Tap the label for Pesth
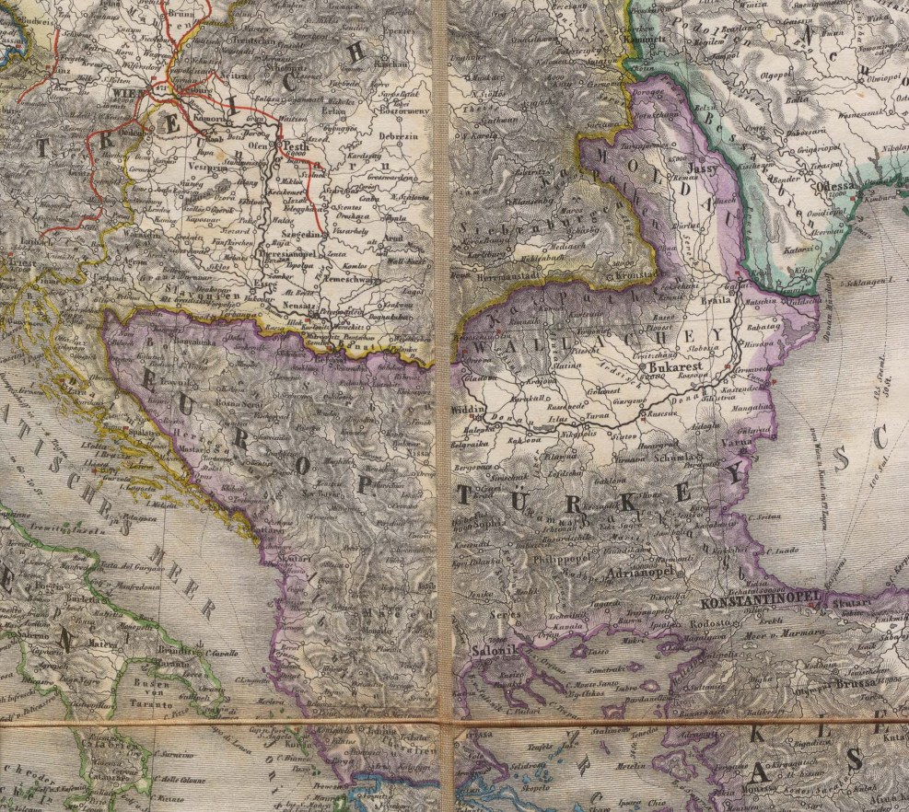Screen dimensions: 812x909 coord(296,146)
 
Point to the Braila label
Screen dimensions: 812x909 coord(717,300)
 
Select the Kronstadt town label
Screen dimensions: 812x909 coord(635,274)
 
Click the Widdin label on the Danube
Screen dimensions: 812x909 coord(468,407)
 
